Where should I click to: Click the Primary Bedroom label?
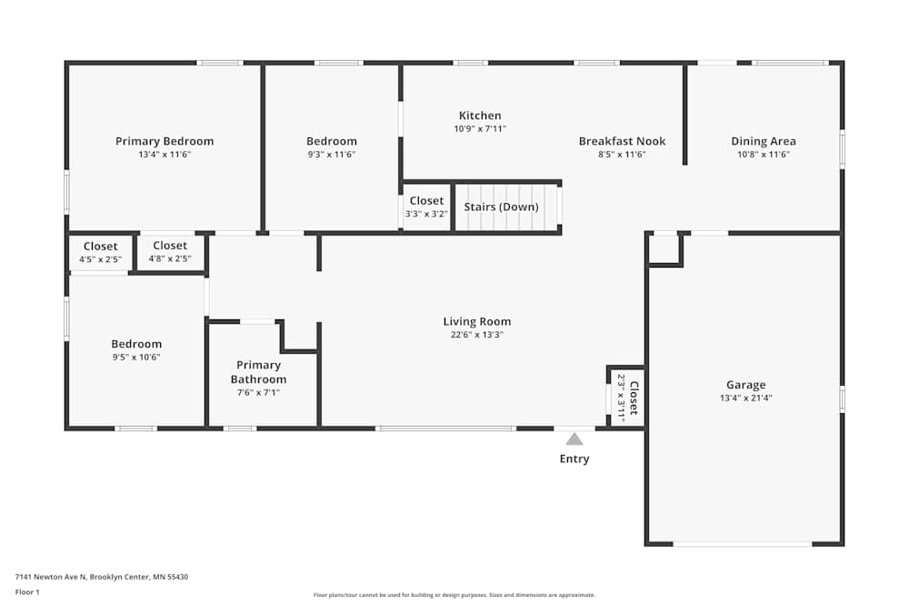coord(165,141)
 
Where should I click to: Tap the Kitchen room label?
coord(480,116)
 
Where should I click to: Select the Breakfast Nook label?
coord(622,141)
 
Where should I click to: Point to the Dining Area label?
coord(764,141)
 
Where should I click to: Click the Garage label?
coord(746,385)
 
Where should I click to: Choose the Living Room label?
coord(477,321)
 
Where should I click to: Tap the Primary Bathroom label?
coord(258,372)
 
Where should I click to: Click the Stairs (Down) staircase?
coord(506,207)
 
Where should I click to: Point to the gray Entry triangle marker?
coord(574,439)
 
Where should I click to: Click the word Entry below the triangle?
coord(574,459)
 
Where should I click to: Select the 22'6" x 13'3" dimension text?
coord(477,335)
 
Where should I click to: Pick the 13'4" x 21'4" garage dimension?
coord(746,398)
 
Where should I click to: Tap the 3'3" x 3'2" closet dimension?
coord(426,214)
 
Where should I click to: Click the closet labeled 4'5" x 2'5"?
coord(100,252)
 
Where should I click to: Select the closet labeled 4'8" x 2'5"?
coord(170,252)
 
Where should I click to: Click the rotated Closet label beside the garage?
coord(634,398)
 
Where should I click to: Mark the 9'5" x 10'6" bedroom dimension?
coord(136,358)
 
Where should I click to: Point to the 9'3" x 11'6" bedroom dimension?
coord(332,155)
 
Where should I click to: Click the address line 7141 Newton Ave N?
coord(102,577)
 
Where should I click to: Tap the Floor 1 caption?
coord(27,592)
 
